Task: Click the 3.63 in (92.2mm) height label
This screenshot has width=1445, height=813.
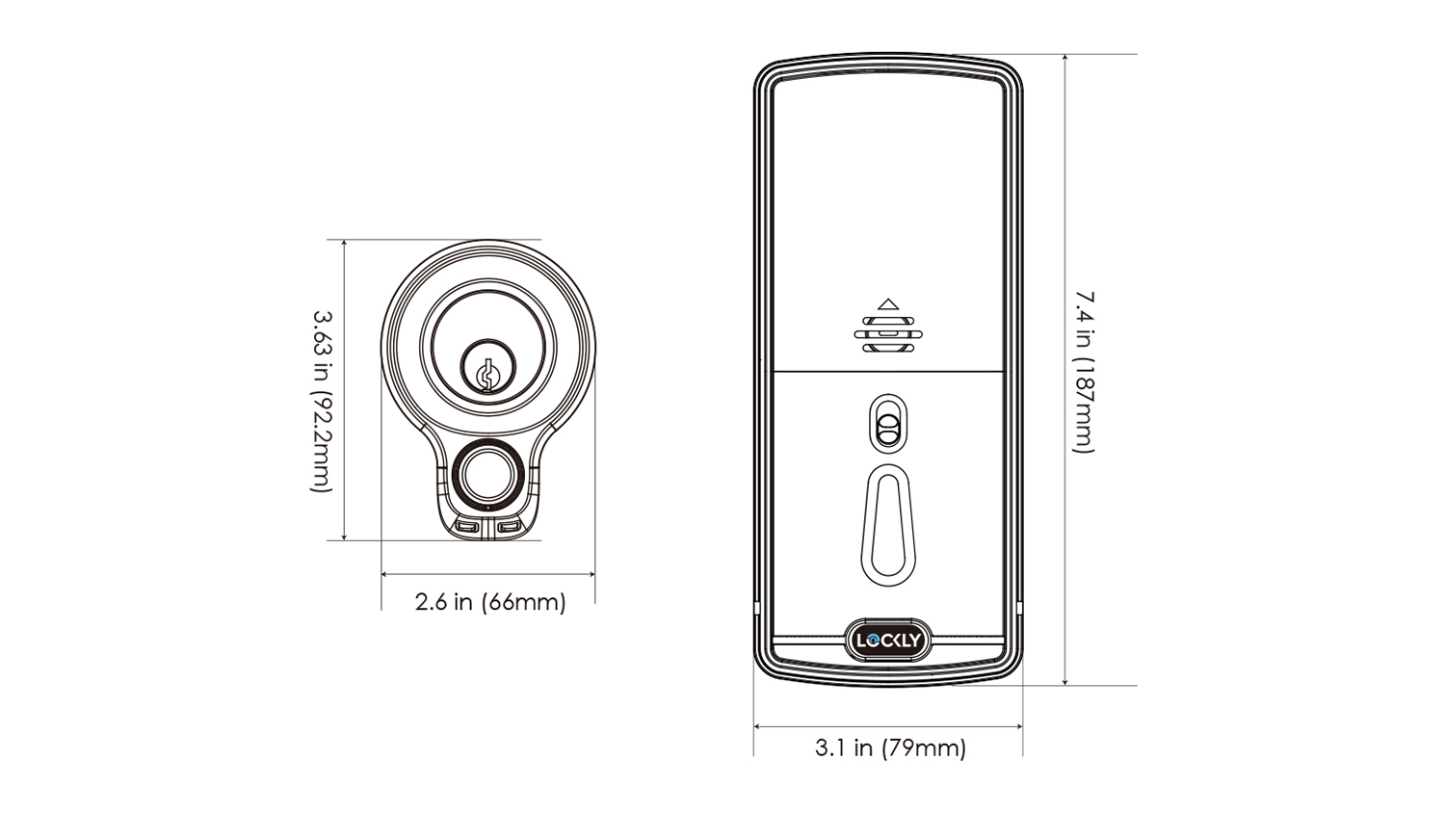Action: [x=322, y=402]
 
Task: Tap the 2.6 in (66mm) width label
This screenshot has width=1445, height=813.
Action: [x=490, y=602]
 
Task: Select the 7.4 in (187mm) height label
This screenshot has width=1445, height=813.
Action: [x=1084, y=372]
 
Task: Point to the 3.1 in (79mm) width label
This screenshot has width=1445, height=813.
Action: [x=891, y=747]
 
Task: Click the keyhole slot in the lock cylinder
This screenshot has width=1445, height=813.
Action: [x=488, y=375]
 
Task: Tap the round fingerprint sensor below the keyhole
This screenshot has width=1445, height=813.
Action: [x=487, y=476]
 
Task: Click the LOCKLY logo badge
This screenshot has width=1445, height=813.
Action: [x=888, y=640]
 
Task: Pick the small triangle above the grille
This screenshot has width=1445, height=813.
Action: [x=888, y=303]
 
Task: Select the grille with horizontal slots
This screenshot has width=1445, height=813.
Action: [x=888, y=334]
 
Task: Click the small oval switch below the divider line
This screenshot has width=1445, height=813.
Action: [x=888, y=424]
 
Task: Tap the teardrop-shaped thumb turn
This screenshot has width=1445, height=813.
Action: [x=888, y=526]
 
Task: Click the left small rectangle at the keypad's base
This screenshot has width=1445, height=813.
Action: [x=466, y=527]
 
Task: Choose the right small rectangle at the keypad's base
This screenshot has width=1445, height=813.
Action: [x=509, y=527]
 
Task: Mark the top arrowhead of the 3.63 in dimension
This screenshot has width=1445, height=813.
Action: [x=345, y=244]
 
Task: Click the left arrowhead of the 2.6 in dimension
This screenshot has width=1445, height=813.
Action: [x=385, y=573]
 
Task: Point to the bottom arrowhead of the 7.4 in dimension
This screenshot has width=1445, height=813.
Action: [x=1065, y=681]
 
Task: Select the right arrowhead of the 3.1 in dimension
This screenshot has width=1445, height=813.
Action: [x=1018, y=726]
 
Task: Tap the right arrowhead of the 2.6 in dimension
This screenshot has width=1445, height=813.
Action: [x=591, y=573]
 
